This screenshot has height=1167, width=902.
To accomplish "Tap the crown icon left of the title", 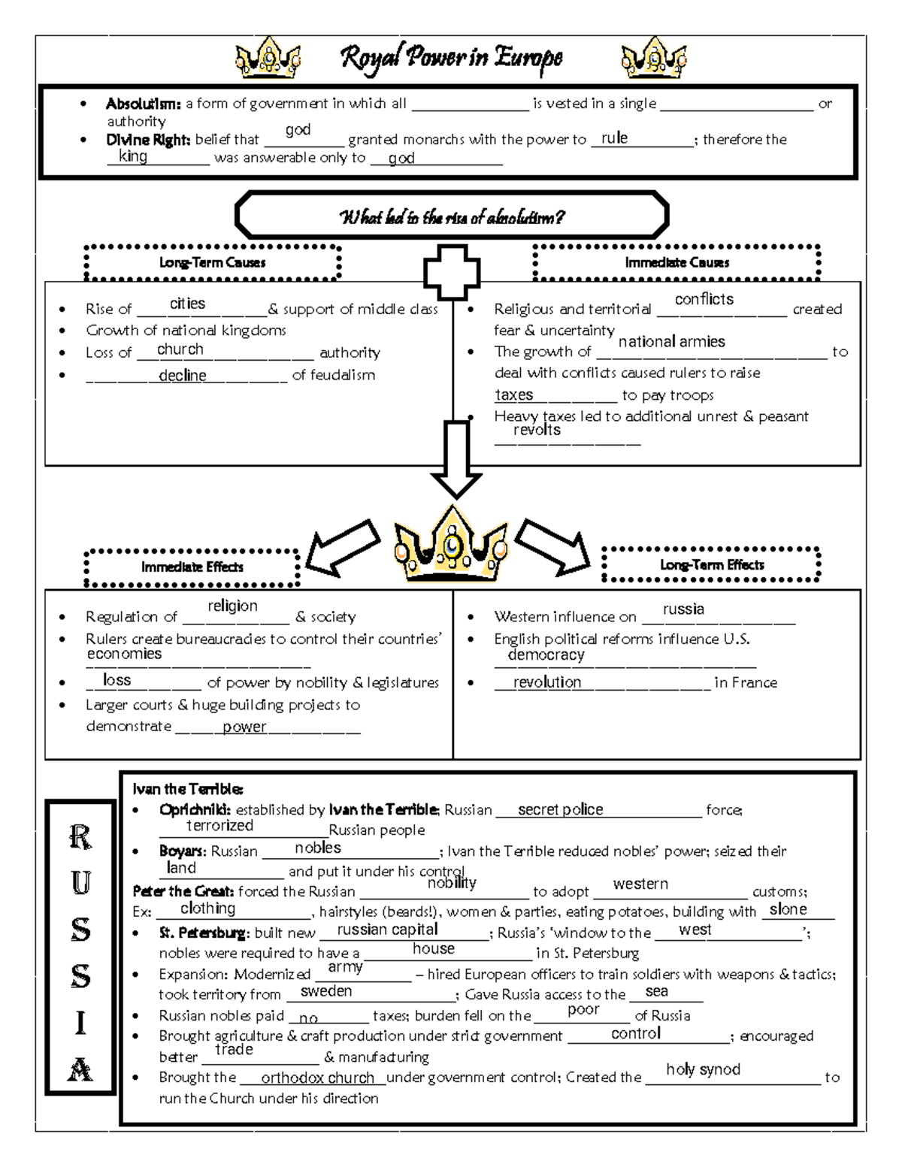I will click(268, 58).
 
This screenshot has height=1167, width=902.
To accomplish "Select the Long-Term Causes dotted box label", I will click(212, 262).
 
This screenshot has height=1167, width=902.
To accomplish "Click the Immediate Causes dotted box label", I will click(676, 262).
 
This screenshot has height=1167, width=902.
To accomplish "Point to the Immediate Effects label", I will click(192, 567).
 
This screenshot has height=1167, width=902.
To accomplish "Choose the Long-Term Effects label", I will click(711, 564).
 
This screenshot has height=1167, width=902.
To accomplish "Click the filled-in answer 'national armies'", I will click(671, 342).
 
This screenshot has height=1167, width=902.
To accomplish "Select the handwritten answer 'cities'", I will click(187, 304).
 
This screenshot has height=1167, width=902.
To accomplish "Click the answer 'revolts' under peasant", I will click(537, 430).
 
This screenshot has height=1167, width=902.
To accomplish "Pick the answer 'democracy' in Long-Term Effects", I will click(546, 655).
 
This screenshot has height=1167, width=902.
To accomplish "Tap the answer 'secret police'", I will click(560, 809).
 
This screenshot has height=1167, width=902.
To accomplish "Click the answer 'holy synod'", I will click(703, 1069).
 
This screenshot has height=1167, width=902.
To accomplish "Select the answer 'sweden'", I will click(326, 991).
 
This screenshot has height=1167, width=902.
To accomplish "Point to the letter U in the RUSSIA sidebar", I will click(80, 883).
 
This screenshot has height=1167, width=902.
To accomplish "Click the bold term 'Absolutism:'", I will click(143, 104).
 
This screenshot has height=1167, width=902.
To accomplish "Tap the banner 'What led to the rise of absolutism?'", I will click(451, 218).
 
